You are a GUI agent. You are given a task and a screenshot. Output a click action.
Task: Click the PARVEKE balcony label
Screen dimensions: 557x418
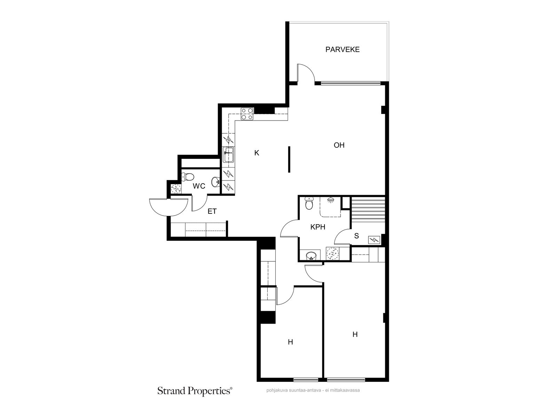[x=342, y=49]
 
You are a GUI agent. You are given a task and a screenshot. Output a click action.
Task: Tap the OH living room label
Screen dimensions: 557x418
[x=339, y=145]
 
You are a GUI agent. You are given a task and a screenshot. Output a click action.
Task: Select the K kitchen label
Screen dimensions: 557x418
[x=257, y=153]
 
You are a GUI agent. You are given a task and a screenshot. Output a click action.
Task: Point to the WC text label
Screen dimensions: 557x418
[x=199, y=186]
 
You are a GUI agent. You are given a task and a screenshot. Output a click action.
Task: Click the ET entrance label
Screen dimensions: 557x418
[x=212, y=211]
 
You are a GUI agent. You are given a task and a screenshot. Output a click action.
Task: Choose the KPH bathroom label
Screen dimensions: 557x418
[x=318, y=227]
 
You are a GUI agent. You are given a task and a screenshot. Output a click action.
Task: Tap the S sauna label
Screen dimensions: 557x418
[x=356, y=236]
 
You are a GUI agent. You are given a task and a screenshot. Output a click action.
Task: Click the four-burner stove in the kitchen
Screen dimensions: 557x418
[x=247, y=114]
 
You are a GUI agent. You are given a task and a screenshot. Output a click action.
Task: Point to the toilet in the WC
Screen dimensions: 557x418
[x=187, y=177]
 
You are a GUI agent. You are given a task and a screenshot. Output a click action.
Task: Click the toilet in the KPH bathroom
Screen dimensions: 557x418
[x=309, y=203]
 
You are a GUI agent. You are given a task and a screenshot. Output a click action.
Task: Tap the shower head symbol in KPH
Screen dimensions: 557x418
[x=330, y=200]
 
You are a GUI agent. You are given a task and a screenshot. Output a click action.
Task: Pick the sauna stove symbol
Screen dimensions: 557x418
[x=374, y=240]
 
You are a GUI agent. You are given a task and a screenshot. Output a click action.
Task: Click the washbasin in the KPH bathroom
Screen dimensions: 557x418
[x=311, y=256]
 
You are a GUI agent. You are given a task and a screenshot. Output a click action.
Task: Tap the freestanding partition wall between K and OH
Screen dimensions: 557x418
[x=289, y=160]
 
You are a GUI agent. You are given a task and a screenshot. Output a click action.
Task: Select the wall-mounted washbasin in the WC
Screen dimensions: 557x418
[x=216, y=182]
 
